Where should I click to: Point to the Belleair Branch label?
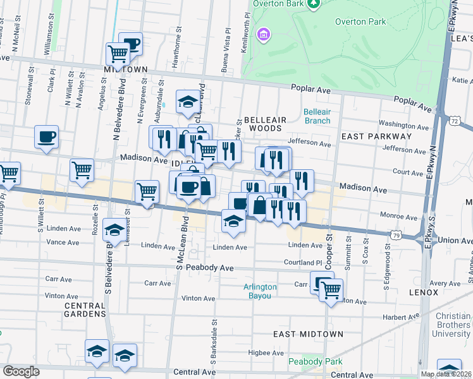pyautogui.click(x=317, y=116)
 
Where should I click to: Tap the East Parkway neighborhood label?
pyautogui.click(x=376, y=136)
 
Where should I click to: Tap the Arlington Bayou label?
pyautogui.click(x=260, y=291)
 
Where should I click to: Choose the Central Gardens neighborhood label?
pyautogui.click(x=85, y=310)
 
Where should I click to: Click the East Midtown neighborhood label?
pyautogui.click(x=308, y=334)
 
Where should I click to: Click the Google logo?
pyautogui.click(x=21, y=371)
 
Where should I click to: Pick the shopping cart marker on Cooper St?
pyautogui.click(x=330, y=290)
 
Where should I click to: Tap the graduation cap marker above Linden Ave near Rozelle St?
pyautogui.click(x=114, y=229)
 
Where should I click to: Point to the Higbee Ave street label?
pyautogui.click(x=260, y=353)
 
